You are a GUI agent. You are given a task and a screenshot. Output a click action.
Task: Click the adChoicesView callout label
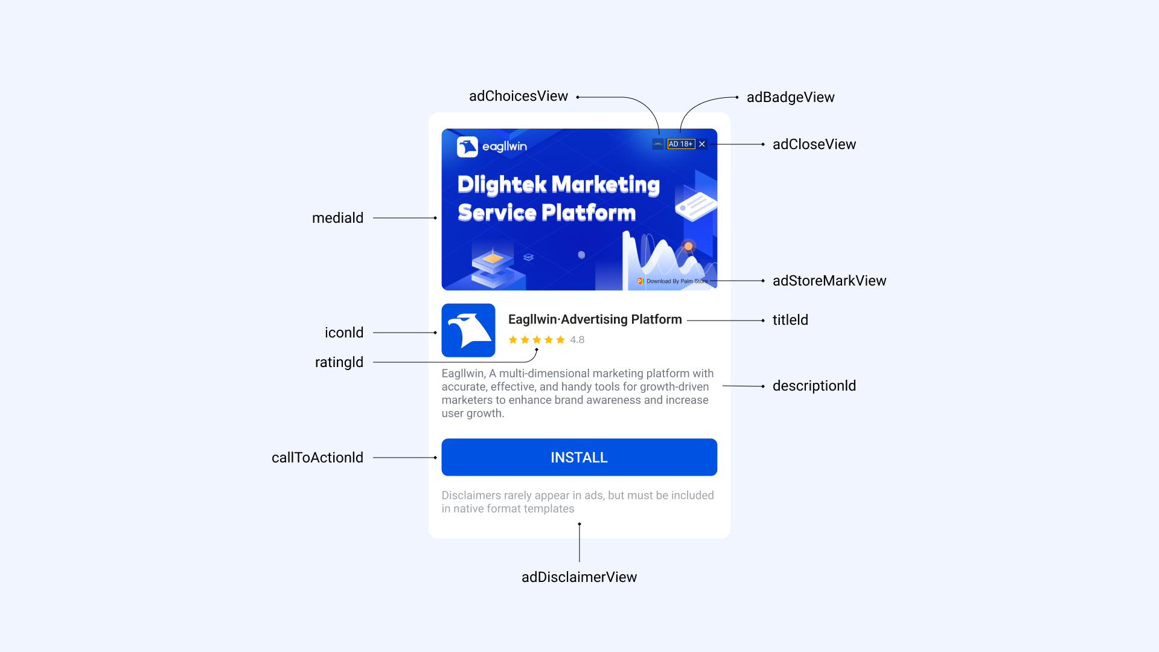(x=519, y=97)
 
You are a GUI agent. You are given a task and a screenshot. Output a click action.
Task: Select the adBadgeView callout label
(x=791, y=97)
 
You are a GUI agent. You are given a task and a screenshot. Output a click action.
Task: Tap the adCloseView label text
(x=814, y=144)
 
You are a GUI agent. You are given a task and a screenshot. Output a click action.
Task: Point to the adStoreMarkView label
(x=829, y=281)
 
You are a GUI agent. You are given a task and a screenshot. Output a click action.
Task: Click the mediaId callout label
(x=337, y=218)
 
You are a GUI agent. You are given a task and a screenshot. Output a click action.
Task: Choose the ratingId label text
(x=339, y=362)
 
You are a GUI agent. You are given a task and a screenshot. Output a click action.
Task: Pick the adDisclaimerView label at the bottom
(x=579, y=577)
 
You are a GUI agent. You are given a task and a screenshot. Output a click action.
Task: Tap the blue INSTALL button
(x=579, y=457)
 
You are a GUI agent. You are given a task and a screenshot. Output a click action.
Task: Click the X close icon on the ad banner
(x=702, y=144)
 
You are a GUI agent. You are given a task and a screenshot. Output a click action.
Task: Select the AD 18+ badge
(x=681, y=144)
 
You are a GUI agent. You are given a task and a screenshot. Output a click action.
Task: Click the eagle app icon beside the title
(x=468, y=330)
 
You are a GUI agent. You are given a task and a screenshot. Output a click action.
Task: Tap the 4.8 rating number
(x=577, y=340)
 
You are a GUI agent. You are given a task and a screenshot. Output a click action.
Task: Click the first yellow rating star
(x=513, y=340)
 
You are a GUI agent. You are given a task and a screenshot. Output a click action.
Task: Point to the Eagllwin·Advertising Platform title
(x=595, y=319)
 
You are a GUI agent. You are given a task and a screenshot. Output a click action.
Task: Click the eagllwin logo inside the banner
(x=492, y=147)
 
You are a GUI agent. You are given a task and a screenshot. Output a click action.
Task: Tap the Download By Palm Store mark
(x=672, y=281)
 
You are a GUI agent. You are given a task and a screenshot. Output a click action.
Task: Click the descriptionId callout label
(x=814, y=386)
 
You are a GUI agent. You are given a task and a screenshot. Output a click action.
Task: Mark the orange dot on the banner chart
(x=688, y=246)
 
